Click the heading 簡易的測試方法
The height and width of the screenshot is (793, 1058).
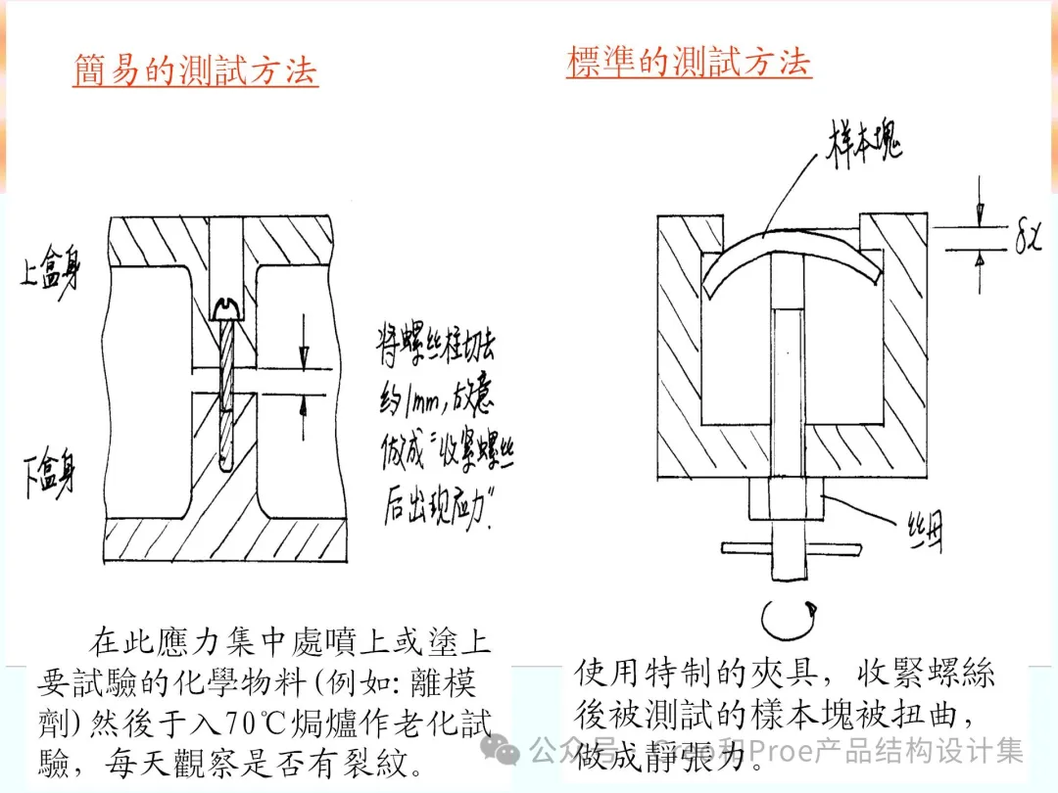point(195,70)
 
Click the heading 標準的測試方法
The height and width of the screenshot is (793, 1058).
point(689,62)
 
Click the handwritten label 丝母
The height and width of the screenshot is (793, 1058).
point(924,536)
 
